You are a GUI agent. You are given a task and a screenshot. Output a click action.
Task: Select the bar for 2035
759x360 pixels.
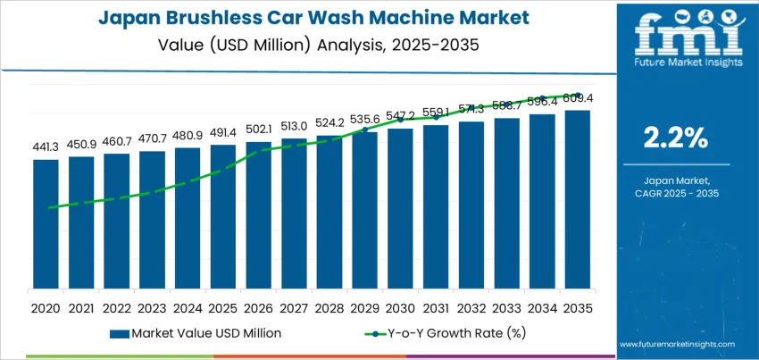coord(577,199)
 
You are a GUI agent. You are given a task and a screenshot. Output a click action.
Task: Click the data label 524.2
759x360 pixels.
coord(329,123)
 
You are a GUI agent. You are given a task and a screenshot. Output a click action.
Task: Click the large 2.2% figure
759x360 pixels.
coord(676,138)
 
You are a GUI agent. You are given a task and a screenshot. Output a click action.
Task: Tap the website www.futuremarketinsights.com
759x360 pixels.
coord(676,344)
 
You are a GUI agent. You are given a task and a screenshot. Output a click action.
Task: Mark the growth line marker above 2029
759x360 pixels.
coord(364,130)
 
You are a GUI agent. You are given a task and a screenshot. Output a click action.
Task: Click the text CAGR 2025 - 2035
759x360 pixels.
coord(676,193)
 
